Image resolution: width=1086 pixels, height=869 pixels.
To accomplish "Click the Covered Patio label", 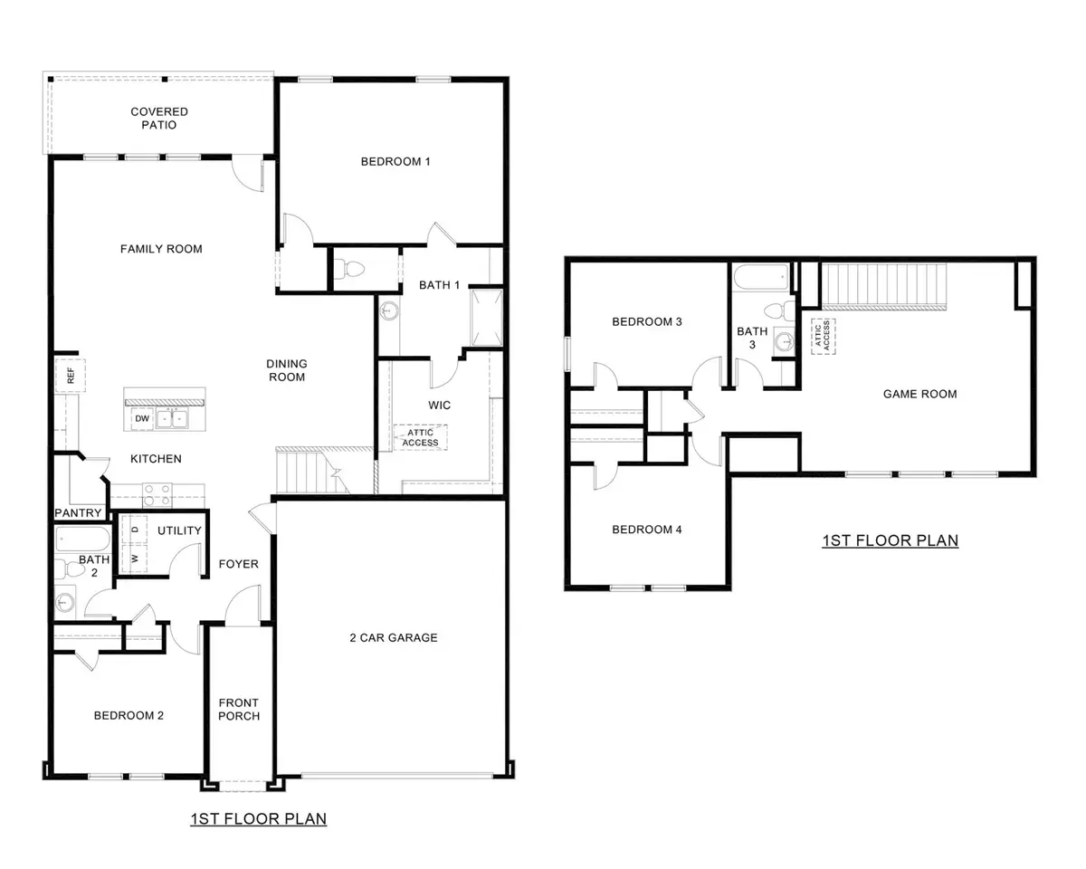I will [159, 118].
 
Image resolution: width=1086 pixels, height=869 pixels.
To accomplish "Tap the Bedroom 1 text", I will [395, 162].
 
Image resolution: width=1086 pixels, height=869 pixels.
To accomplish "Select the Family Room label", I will [161, 249].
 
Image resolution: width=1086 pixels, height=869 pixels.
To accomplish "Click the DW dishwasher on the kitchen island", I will [141, 419].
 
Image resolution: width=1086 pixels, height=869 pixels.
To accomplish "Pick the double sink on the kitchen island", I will [172, 419].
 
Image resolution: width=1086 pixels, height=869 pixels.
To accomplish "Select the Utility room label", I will [179, 530].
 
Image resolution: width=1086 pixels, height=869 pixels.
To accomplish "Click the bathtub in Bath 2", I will [81, 541].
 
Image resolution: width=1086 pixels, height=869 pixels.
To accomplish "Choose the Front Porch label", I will [238, 710].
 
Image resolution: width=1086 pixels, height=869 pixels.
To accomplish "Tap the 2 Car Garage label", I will [393, 637].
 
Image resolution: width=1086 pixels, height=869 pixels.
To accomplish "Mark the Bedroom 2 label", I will [129, 715].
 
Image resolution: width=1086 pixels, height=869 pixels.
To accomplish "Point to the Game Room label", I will [919, 394].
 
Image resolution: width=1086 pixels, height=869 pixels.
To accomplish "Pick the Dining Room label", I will [286, 370].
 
